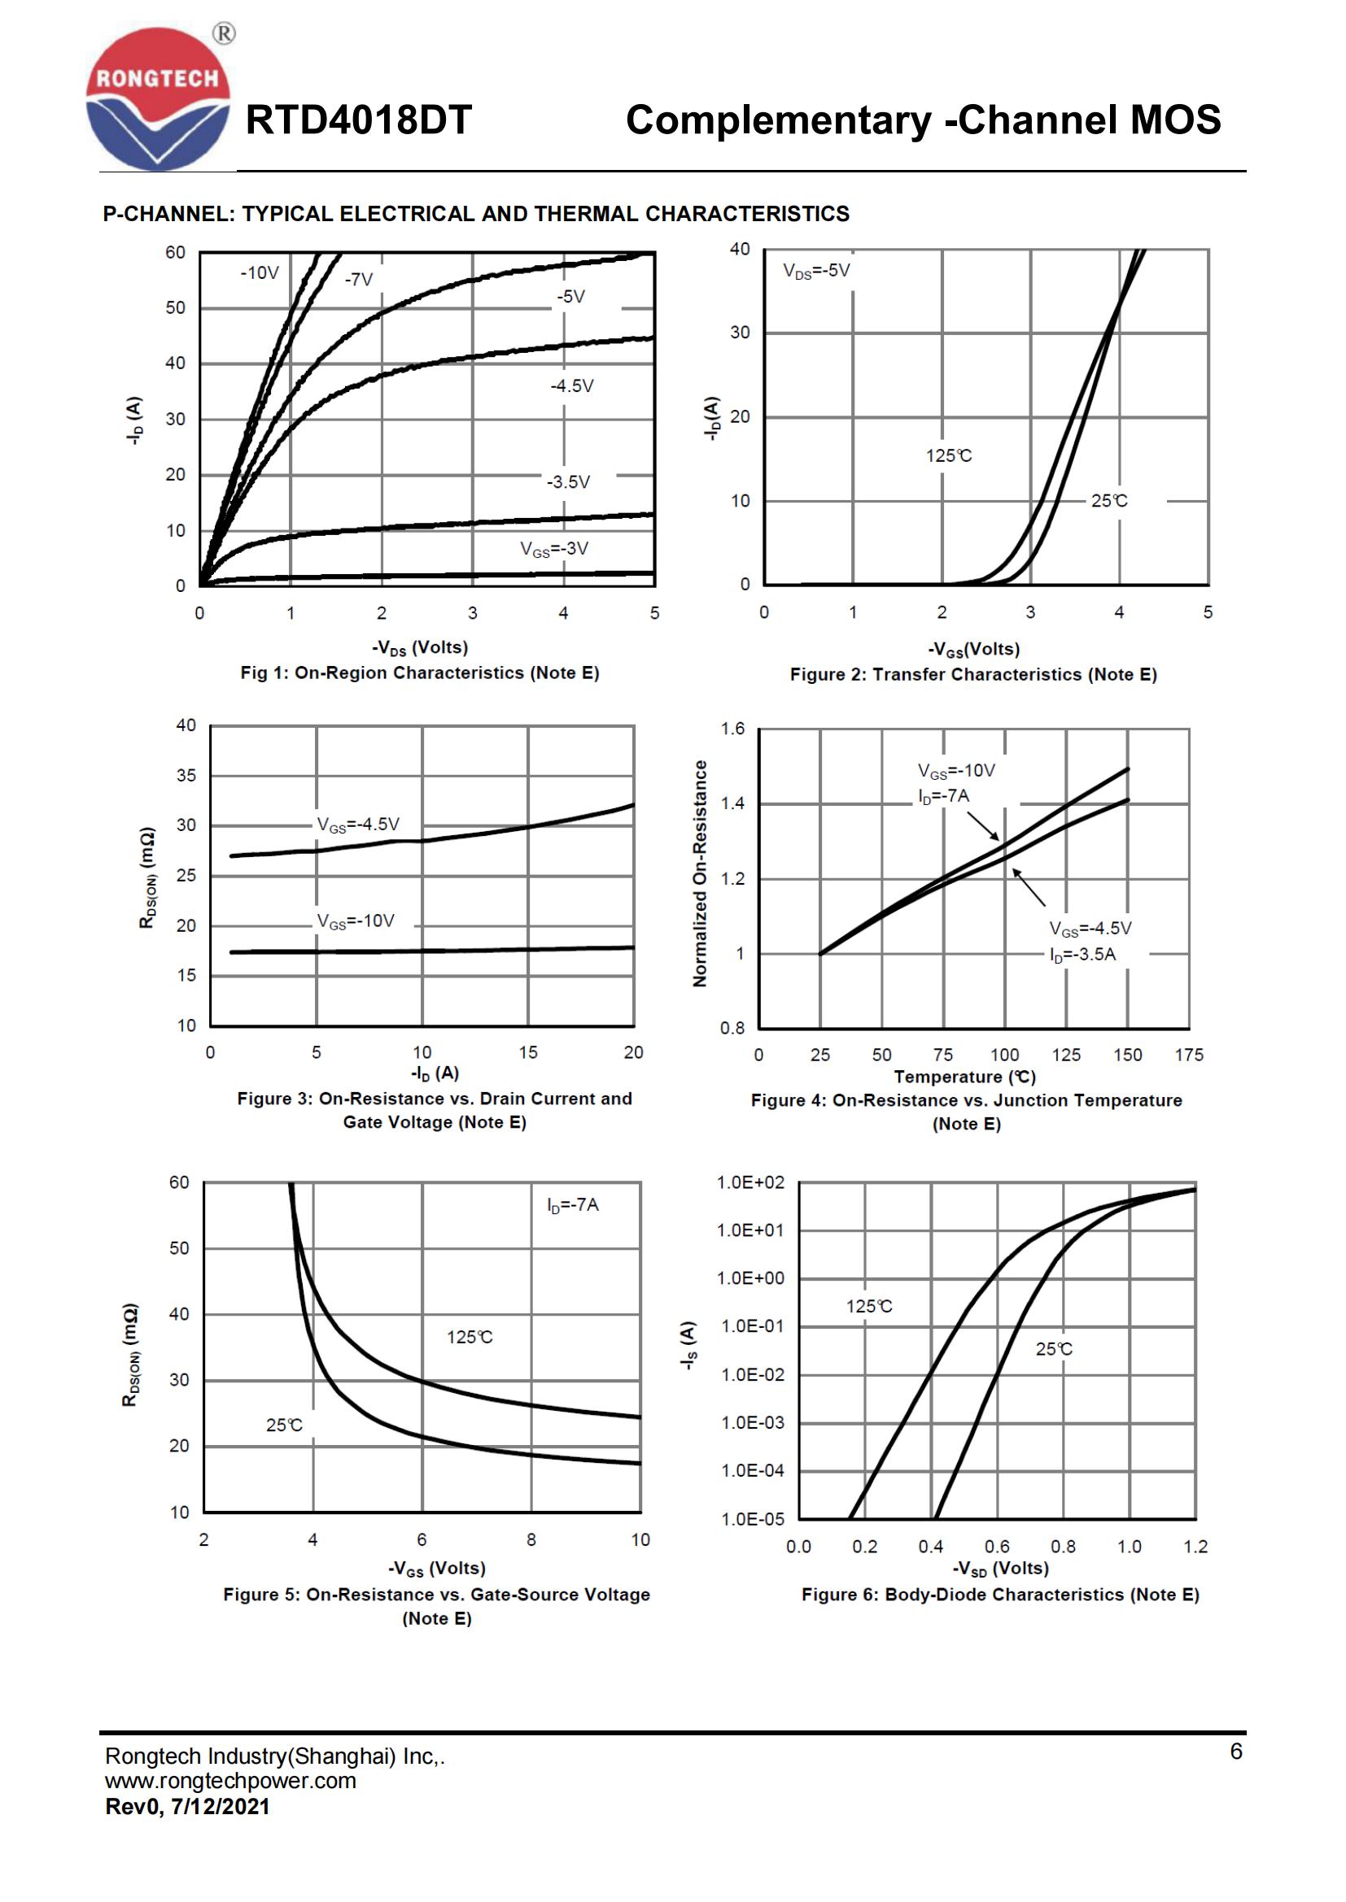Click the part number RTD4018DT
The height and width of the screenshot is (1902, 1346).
[x=358, y=120]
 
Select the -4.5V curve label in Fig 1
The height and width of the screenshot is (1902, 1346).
[x=572, y=386]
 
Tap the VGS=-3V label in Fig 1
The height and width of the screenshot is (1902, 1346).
[x=553, y=549]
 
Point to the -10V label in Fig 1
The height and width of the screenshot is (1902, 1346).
[x=260, y=273]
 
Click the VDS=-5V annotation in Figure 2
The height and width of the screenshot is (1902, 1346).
[x=816, y=271]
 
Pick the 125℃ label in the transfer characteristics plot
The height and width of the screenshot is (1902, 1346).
[x=949, y=455]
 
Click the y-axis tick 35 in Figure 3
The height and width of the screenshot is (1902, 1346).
[x=186, y=776]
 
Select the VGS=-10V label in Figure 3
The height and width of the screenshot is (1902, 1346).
[x=356, y=921]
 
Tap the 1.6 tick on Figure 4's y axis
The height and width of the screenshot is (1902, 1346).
[x=732, y=729]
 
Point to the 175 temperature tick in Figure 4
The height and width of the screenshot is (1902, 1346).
[x=1188, y=1055]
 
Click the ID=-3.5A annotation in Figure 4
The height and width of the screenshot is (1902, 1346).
[x=1082, y=955]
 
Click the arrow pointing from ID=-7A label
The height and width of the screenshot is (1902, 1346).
[x=984, y=825]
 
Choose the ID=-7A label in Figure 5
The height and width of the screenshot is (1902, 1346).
[x=573, y=1204]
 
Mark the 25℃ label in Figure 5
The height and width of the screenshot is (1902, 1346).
[x=284, y=1425]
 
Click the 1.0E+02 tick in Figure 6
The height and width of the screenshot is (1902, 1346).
[x=750, y=1183]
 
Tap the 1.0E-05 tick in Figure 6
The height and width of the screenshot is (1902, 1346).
[x=752, y=1518]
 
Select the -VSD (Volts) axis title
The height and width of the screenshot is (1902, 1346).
[x=1000, y=1568]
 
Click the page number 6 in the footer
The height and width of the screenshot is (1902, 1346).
[x=1236, y=1752]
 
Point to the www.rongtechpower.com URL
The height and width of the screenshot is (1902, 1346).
[x=230, y=1780]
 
